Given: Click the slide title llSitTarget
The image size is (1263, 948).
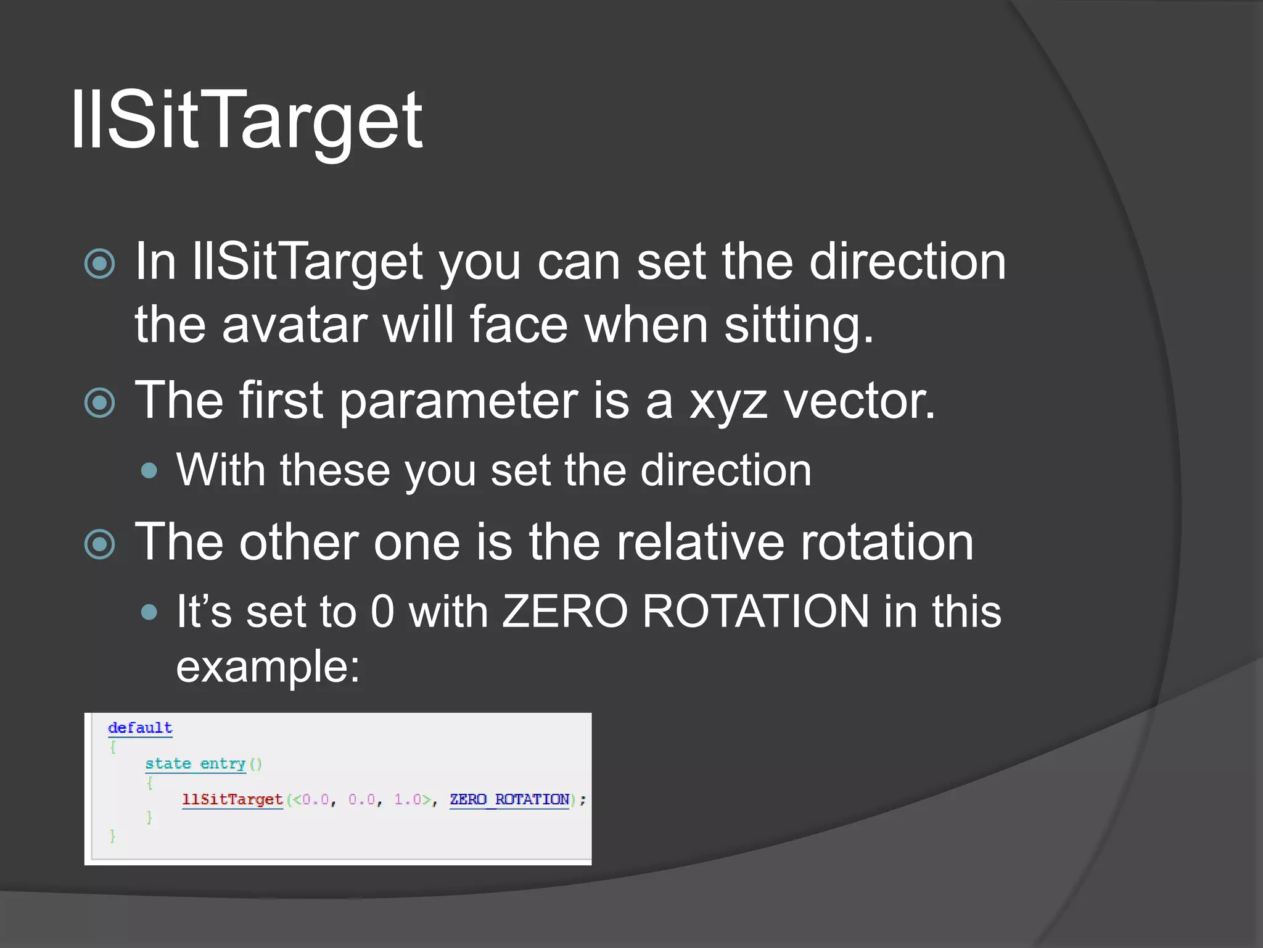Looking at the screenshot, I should coord(247,120).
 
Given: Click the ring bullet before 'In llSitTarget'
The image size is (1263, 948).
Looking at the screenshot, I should coord(100,264).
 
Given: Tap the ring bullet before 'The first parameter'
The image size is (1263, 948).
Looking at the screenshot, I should coord(100,403).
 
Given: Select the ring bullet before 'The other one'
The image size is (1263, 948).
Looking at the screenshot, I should coord(100,544).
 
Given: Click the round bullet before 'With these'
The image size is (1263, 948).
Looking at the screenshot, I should coord(149,472).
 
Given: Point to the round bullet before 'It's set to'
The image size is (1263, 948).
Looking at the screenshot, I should coord(149,612).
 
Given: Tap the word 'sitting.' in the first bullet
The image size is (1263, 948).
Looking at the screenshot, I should coord(799,325).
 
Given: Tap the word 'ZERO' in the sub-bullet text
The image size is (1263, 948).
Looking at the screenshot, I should coord(564,612).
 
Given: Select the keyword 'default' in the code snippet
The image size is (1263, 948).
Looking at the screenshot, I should coord(140,728).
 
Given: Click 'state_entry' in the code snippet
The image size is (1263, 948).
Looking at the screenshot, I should coord(195,764).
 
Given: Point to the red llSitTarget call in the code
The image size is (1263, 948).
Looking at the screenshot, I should coord(232,800).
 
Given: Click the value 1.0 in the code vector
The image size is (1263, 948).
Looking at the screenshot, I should coord(408,800).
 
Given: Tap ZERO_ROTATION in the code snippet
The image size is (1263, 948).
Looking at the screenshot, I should coord(509,800).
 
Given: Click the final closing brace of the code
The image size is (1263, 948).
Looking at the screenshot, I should coord(112,836).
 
